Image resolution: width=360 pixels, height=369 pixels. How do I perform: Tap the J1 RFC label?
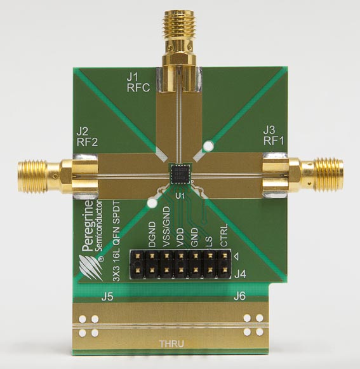point(138,82)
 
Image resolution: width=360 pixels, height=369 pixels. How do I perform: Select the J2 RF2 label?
point(87,137)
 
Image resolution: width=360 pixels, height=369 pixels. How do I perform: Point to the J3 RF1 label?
point(274,135)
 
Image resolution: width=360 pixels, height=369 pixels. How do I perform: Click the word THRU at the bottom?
point(172,344)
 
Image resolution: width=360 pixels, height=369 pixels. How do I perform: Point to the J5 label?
point(107,297)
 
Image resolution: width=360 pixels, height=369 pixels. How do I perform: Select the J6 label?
point(240,296)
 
